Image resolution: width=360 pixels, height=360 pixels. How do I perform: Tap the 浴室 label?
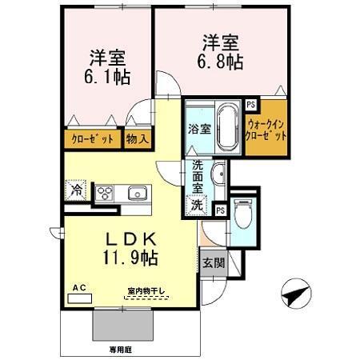pyautogui.click(x=199, y=129)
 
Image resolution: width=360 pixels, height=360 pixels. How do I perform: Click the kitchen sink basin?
pyautogui.click(x=135, y=193)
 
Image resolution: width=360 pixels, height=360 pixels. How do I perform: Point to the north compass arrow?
pyautogui.click(x=294, y=296)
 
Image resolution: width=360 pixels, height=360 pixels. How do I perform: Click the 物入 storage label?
pyautogui.click(x=135, y=139)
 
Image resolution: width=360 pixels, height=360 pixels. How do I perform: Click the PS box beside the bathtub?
pyautogui.click(x=251, y=104)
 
